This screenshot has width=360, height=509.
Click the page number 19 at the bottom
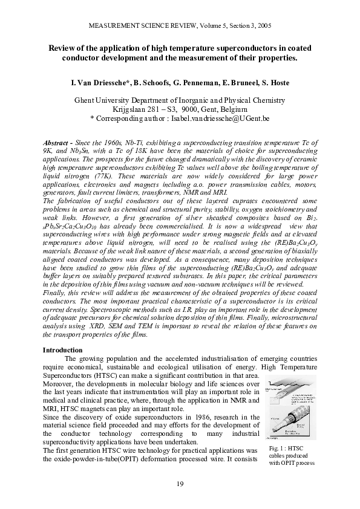(x=180, y=484)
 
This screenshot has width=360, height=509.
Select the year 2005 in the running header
(x=261, y=26)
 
